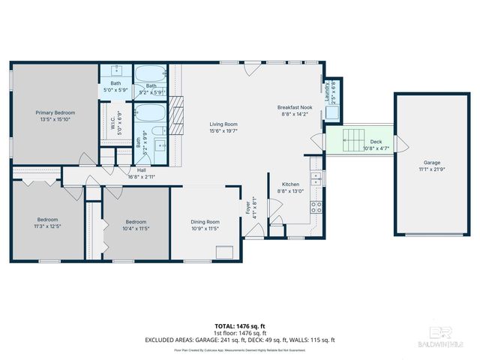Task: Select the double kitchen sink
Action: (317, 179)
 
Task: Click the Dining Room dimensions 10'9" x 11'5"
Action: (205, 228)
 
